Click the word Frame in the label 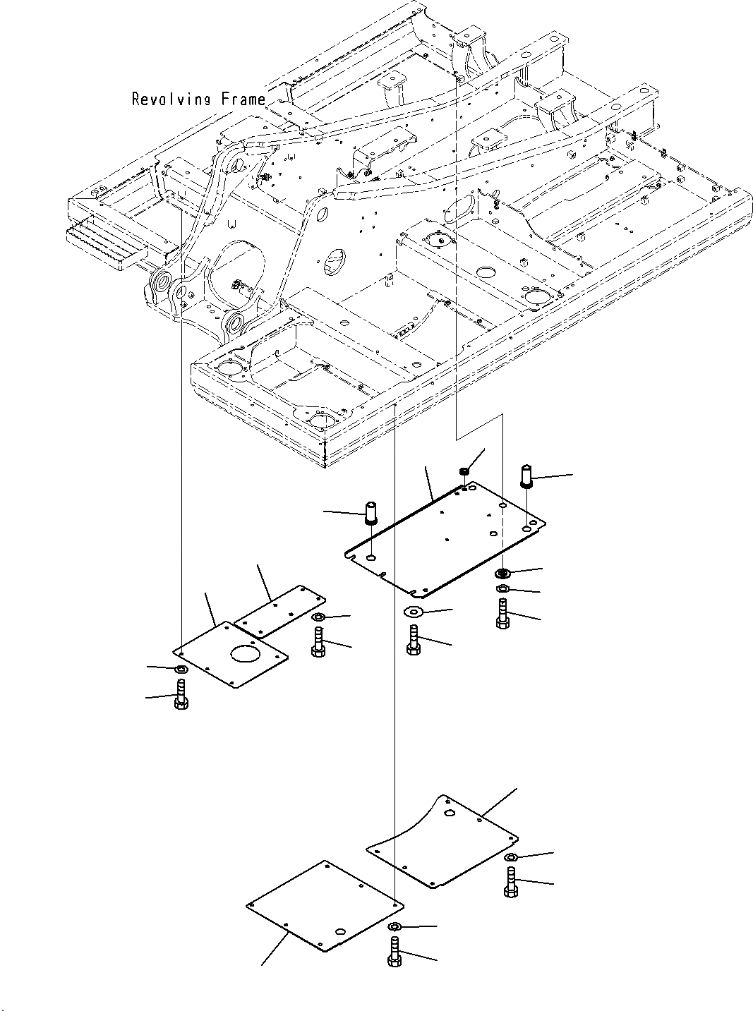(x=243, y=99)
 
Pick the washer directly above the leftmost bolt (x=180, y=669)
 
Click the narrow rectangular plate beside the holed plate (x=279, y=608)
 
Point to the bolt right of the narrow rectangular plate (x=318, y=642)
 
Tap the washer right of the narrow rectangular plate (x=318, y=619)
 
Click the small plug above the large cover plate (x=464, y=471)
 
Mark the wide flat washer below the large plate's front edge (x=413, y=611)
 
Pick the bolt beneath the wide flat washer (x=414, y=640)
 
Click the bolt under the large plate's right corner (x=502, y=614)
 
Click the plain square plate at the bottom (x=323, y=905)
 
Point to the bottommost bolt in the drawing (x=394, y=952)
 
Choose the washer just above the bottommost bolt (x=395, y=926)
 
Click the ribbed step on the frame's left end (x=106, y=243)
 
